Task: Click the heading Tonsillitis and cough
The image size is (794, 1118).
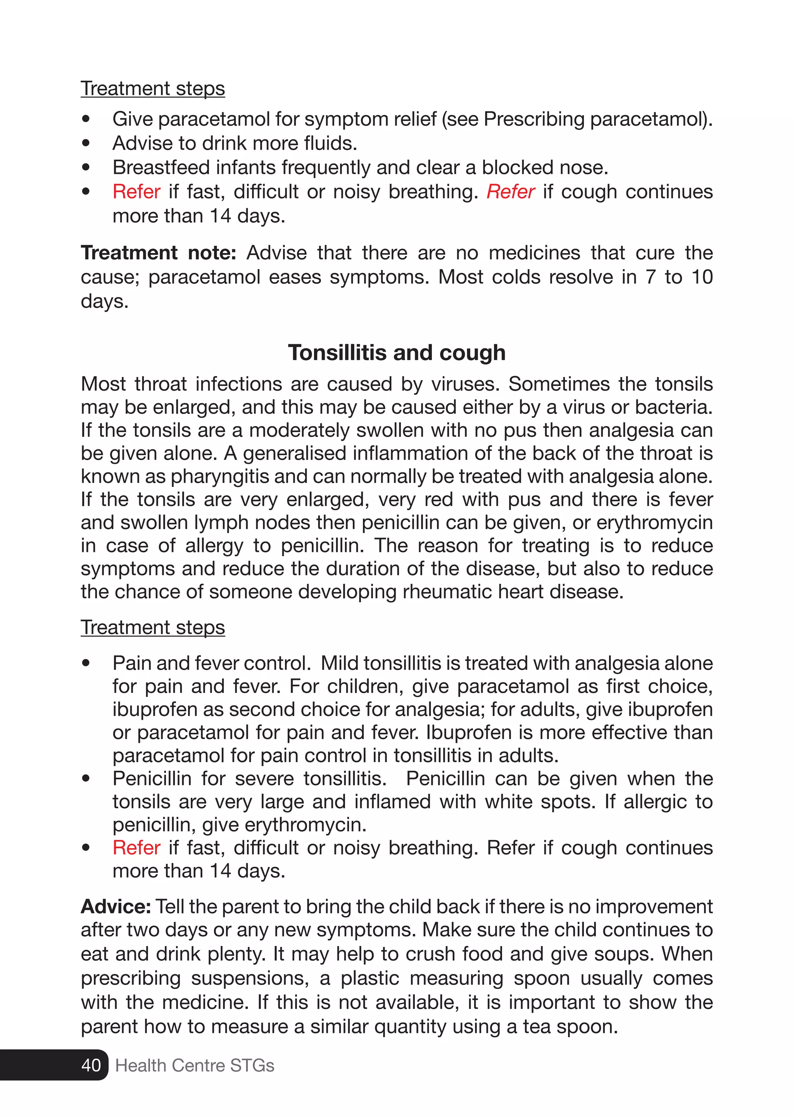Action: tap(397, 352)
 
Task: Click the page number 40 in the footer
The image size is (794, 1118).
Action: tap(91, 1065)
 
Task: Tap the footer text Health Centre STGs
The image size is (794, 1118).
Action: tap(195, 1065)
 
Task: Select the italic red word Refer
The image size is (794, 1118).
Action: tap(511, 192)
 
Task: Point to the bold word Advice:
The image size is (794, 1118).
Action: tap(116, 906)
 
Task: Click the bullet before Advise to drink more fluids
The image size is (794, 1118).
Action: tap(86, 143)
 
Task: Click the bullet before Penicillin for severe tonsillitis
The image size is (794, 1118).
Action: tap(86, 778)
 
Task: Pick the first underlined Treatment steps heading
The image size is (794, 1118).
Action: tap(152, 88)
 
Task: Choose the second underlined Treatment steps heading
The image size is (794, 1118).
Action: tap(152, 627)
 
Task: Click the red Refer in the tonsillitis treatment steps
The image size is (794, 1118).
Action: tap(136, 848)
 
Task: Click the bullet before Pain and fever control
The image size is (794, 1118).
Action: tap(86, 663)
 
